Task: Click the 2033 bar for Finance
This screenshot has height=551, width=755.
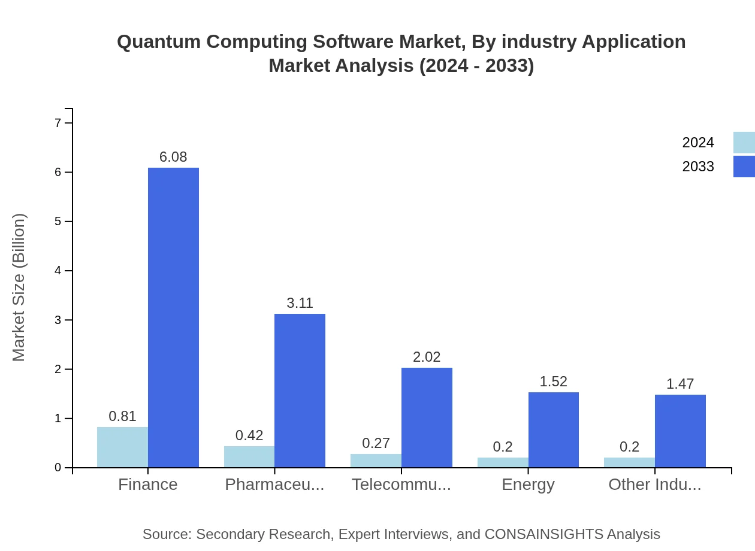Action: tap(173, 317)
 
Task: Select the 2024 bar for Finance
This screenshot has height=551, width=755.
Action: tap(122, 447)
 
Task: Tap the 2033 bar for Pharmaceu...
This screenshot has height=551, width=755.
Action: tap(300, 390)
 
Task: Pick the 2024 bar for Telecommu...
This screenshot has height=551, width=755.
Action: tap(376, 461)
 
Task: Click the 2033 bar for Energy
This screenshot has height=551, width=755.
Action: tap(553, 429)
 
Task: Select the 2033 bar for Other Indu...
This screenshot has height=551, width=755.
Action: tap(680, 431)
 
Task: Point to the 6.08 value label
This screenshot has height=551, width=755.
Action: tap(173, 157)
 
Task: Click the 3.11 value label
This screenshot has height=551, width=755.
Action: tap(300, 303)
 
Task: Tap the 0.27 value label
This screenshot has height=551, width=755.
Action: tap(376, 443)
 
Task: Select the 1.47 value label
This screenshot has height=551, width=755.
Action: tap(680, 384)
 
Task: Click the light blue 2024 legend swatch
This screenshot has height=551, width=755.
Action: tap(744, 143)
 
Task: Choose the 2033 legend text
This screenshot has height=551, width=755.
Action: tap(698, 166)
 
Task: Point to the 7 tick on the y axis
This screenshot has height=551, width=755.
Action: tap(58, 123)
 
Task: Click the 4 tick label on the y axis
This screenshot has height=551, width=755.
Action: tap(58, 271)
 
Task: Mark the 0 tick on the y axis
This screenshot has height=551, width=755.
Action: tap(58, 468)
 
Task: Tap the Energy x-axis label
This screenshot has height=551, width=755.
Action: tap(528, 484)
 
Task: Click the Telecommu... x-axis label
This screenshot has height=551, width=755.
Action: tap(401, 484)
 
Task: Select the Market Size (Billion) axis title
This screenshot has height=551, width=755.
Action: tap(19, 287)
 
